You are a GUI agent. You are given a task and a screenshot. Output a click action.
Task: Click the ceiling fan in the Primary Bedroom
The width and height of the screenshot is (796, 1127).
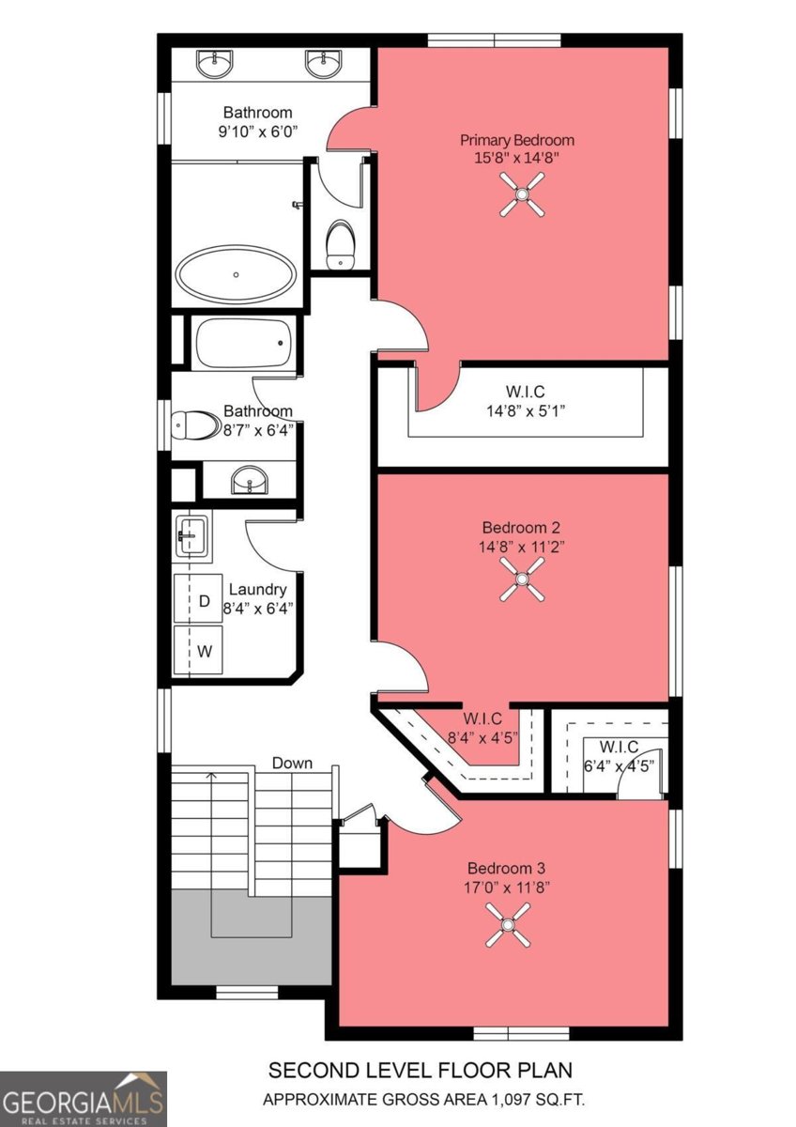point(521,198)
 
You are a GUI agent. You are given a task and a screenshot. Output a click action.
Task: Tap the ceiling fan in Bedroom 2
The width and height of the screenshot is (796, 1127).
point(521,579)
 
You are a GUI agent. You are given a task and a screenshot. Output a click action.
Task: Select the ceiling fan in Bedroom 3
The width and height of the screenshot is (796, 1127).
point(508,924)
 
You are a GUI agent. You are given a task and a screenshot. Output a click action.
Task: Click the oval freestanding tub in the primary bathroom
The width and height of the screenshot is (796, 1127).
point(236,274)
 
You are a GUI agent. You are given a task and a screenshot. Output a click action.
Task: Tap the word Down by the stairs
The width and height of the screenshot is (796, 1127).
point(292,763)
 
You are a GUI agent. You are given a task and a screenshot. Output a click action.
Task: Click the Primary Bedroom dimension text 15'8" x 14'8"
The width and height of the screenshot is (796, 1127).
point(517,158)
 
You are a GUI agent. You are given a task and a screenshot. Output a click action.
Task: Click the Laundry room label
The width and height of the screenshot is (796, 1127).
point(257,590)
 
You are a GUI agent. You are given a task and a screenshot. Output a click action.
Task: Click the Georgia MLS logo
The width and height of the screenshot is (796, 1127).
point(84,1099)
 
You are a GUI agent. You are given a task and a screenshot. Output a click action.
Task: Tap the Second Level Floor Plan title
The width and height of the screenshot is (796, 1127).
point(420,1070)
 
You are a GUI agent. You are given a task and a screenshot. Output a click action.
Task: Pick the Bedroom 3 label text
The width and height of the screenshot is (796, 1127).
point(508,868)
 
